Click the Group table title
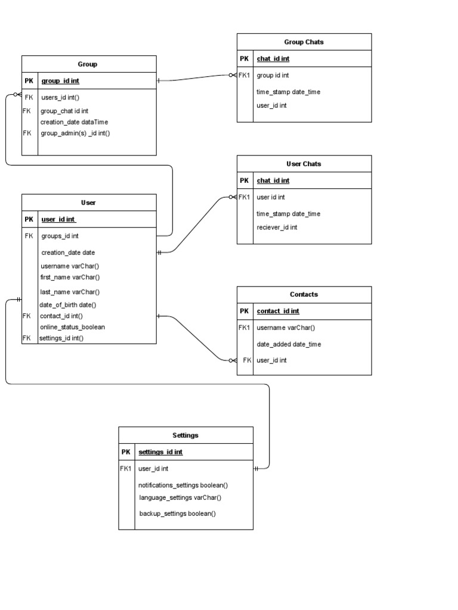87,64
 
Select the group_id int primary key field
60,81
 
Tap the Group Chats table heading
304,42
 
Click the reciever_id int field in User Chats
277,228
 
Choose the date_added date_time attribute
289,344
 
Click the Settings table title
185,435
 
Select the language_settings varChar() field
180,497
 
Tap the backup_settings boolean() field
177,513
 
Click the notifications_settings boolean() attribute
183,485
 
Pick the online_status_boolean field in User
72,327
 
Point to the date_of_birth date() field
68,305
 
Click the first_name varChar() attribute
70,277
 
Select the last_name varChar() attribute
70,292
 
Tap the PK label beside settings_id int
126,452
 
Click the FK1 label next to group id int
245,76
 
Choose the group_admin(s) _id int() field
75,133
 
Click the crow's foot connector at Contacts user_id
233,360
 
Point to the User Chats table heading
304,164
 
